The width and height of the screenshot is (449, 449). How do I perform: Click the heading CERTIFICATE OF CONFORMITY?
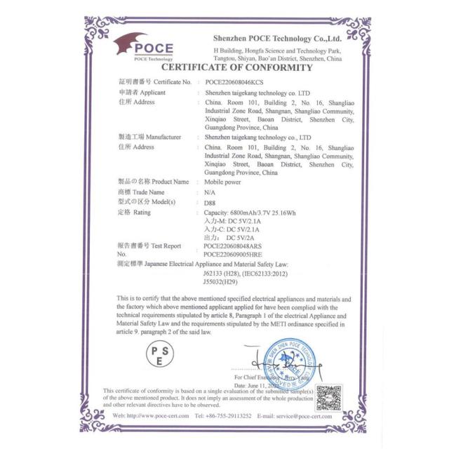click(237, 67)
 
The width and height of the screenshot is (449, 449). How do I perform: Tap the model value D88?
click(210, 201)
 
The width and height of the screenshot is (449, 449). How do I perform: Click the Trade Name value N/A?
click(210, 192)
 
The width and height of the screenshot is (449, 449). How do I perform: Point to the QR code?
click(328, 397)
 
